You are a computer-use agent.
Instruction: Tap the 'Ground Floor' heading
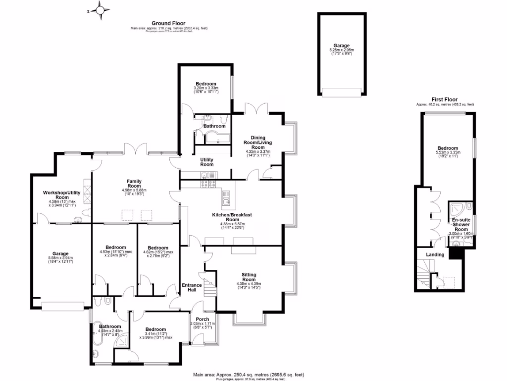tap(168, 23)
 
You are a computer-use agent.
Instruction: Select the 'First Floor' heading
tap(444, 99)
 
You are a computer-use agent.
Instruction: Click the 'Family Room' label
tap(134, 184)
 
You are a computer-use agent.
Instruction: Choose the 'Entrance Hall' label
tap(192, 287)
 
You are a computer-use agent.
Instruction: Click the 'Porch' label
tap(203, 319)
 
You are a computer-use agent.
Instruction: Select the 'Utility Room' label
tap(206, 161)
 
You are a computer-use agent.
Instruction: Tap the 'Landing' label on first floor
tap(435, 255)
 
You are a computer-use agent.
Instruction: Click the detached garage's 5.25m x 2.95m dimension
tap(341, 50)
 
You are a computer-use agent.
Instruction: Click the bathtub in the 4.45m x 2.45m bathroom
tap(96, 338)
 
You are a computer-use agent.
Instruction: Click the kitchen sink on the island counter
tap(226, 200)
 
